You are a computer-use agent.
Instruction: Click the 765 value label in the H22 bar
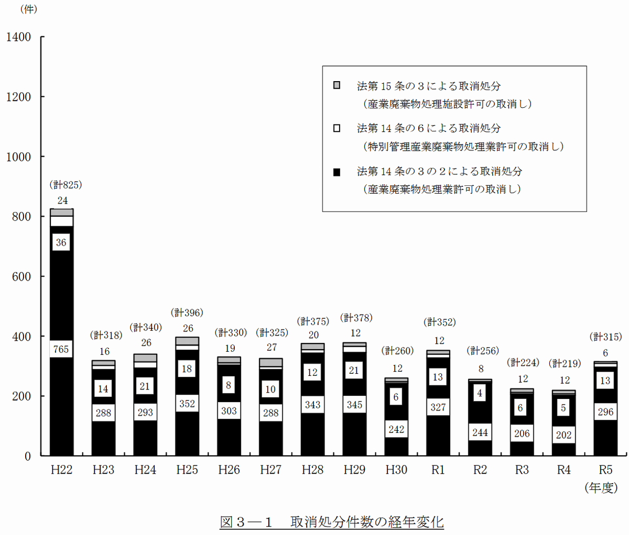pyautogui.click(x=61, y=349)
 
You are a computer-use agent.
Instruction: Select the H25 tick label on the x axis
pyautogui.click(x=187, y=470)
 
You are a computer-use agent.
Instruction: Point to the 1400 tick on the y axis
pyautogui.click(x=19, y=37)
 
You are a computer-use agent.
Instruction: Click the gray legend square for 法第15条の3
pyautogui.click(x=337, y=85)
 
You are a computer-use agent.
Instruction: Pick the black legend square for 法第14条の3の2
pyautogui.click(x=337, y=172)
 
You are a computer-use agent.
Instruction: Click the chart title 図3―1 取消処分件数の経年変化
pyautogui.click(x=331, y=522)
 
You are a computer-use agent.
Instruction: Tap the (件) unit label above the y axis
pyautogui.click(x=28, y=9)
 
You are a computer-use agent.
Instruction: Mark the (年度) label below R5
pyautogui.click(x=601, y=488)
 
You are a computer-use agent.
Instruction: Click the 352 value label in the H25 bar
pyautogui.click(x=187, y=404)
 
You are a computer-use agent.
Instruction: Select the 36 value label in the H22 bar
pyautogui.click(x=61, y=242)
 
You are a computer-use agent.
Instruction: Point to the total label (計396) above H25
pyautogui.click(x=187, y=313)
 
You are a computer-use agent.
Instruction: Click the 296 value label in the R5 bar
pyautogui.click(x=605, y=412)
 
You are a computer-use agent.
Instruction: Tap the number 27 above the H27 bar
pyautogui.click(x=271, y=347)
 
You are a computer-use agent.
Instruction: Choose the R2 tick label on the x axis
pyautogui.click(x=480, y=470)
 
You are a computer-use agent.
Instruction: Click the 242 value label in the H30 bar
pyautogui.click(x=396, y=429)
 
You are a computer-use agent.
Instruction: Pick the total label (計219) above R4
pyautogui.click(x=565, y=363)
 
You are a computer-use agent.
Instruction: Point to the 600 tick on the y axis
pyautogui.click(x=21, y=276)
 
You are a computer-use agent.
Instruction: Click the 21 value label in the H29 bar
pyautogui.click(x=354, y=371)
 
